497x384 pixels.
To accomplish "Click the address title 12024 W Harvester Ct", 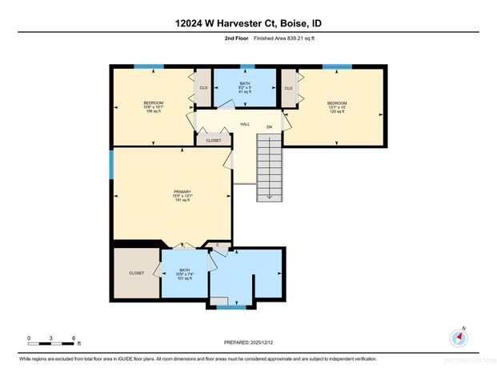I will click(x=248, y=24).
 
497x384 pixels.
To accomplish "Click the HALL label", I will click(x=245, y=125).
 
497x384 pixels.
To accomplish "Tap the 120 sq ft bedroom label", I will click(x=335, y=106).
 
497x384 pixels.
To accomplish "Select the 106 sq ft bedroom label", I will click(x=154, y=106).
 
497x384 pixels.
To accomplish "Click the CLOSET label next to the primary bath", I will click(x=137, y=273).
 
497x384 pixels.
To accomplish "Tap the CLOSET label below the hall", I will click(x=214, y=140).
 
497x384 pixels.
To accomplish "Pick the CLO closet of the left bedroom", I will click(x=203, y=88).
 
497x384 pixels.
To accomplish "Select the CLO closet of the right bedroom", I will click(x=288, y=88).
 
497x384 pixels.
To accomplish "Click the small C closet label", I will click(x=217, y=245).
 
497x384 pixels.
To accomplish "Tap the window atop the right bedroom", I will click(x=336, y=66).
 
